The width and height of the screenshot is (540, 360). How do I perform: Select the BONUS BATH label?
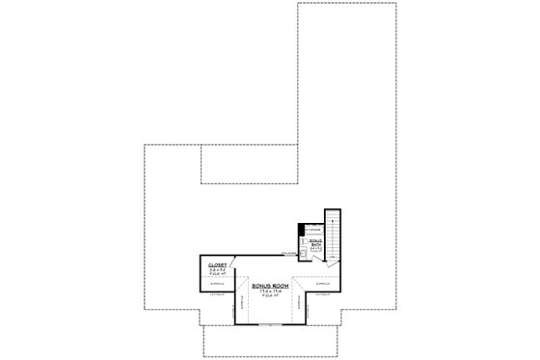[x=314, y=241]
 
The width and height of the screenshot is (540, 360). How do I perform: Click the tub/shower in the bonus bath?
[x=314, y=229]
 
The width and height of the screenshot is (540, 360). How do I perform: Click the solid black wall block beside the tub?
[x=301, y=229]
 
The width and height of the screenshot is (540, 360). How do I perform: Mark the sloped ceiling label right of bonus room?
[x=321, y=285]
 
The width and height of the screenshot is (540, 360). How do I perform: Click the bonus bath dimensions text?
[x=314, y=249]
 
